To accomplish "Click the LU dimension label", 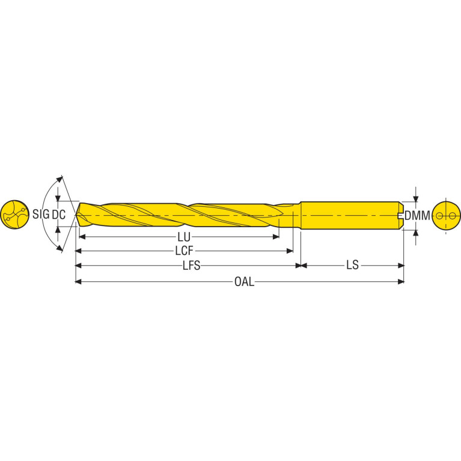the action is pos(184,237).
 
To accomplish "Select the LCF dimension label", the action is pos(185,251).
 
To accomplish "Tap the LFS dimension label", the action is pos(191,266).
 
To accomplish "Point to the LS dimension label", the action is pos(352,265).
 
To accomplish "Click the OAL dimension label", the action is pos(244,282).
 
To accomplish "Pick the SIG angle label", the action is pos(41,215).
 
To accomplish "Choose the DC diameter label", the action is pos(58,215).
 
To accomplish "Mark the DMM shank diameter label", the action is pos(417,216).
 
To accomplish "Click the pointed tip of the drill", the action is pos(76,215).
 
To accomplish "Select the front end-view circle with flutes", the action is pos(14,215).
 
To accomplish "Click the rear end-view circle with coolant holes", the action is pos(447,216).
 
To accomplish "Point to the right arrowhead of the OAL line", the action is pos(401,282).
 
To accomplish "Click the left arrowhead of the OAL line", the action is pos(79,282).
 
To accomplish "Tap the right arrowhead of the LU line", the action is pos(276,237).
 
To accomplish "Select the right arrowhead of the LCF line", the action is pos(290,251).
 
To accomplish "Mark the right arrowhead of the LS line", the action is pos(401,266).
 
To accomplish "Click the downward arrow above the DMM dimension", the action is pos(415,199).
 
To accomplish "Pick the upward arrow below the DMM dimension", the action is pos(415,233).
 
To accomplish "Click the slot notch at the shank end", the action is pos(400,215).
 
